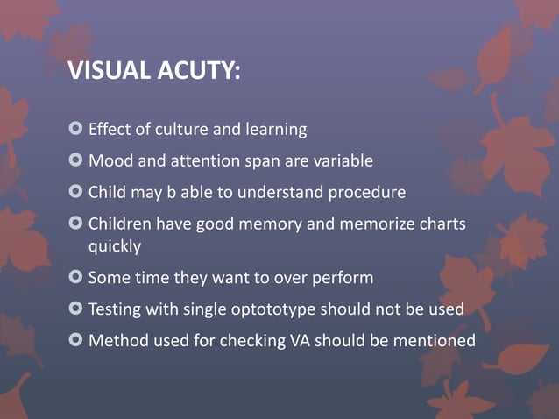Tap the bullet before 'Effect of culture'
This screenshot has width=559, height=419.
point(75,130)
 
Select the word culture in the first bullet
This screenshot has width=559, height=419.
point(181,130)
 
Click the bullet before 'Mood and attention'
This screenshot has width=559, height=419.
point(75,160)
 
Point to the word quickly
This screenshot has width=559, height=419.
point(115,246)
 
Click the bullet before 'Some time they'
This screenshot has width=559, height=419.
point(75,278)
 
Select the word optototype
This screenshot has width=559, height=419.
point(270,309)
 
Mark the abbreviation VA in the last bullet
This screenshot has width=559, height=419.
point(300,340)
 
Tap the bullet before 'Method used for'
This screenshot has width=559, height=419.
point(75,340)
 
